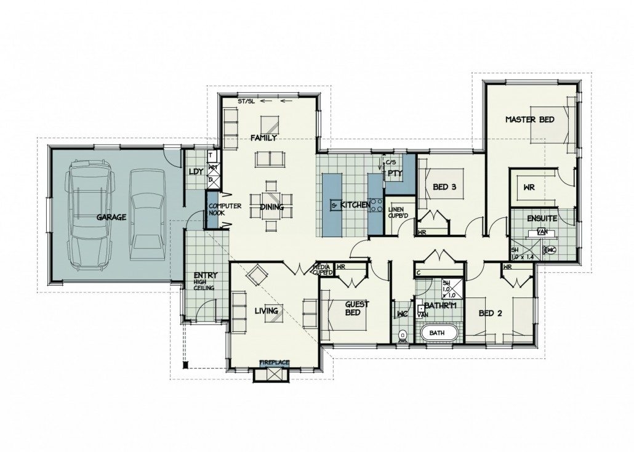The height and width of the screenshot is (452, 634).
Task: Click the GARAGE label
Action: [111, 217]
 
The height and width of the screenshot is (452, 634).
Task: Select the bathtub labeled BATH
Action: [438, 333]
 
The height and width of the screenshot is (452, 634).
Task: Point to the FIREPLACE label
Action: [275, 363]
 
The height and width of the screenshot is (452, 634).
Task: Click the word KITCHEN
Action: [355, 204]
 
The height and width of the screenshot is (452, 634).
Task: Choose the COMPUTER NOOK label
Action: [220, 210]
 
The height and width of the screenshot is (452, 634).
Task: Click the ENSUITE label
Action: [542, 218]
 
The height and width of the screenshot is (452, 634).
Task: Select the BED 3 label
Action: [443, 188]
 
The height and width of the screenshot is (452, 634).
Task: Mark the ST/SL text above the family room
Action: [247, 101]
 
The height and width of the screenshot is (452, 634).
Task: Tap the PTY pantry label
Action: [394, 174]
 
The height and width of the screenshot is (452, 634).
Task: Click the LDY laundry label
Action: [196, 172]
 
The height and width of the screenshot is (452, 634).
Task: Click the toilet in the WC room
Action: [403, 336]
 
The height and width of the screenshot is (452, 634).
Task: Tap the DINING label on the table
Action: [271, 208]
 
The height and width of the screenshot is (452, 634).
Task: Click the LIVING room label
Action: [267, 311]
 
